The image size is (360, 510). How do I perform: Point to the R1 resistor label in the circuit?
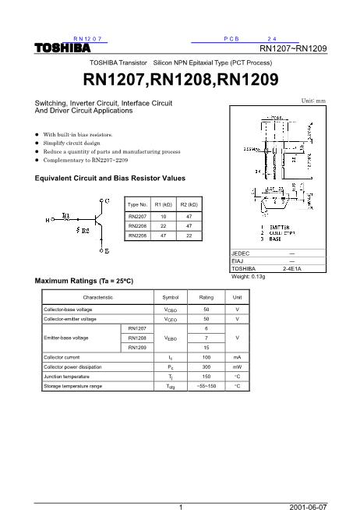(65, 214)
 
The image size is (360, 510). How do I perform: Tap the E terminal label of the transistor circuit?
(103, 253)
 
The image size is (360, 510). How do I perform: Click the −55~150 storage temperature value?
(206, 385)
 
